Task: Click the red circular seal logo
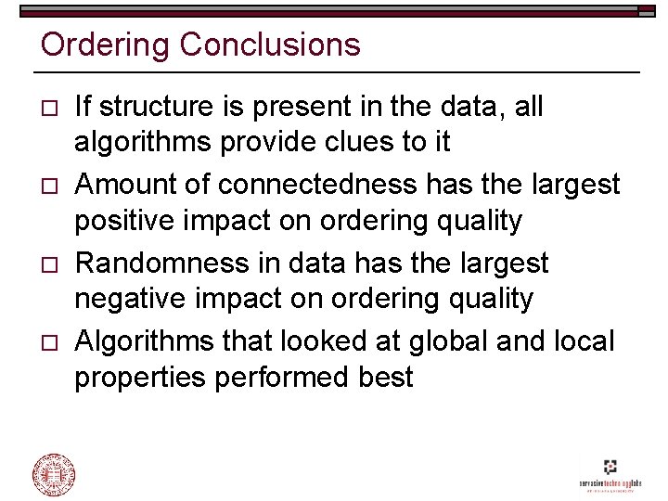(x=55, y=474)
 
